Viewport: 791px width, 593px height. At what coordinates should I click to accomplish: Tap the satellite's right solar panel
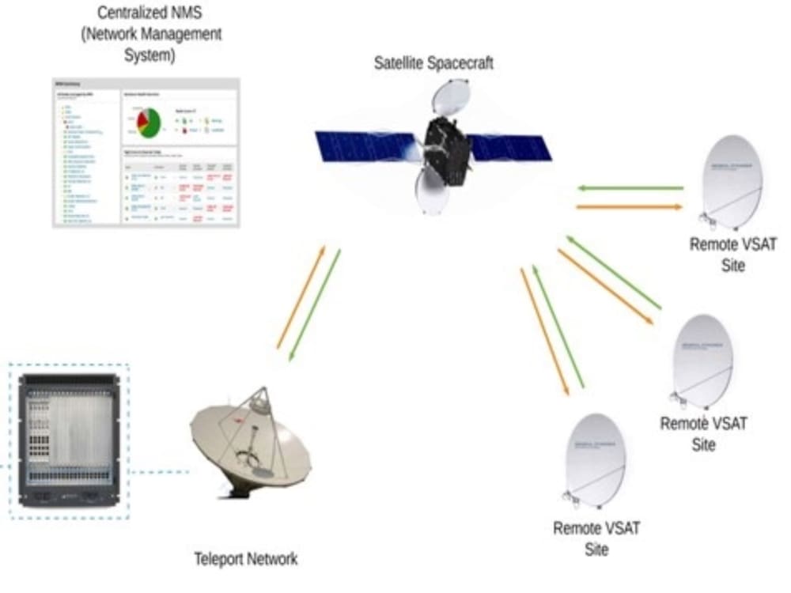coord(510,148)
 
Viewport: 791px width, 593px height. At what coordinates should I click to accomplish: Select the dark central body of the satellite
coord(447,150)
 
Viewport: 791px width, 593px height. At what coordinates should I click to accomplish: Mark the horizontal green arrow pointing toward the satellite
coord(630,189)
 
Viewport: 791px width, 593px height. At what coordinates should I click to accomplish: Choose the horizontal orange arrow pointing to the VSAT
coord(630,207)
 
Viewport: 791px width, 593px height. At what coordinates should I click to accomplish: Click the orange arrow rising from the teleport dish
coord(301,297)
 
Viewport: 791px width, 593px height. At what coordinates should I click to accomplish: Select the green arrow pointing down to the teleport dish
coord(314,305)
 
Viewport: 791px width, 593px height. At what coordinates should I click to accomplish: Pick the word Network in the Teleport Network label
coord(272,559)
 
